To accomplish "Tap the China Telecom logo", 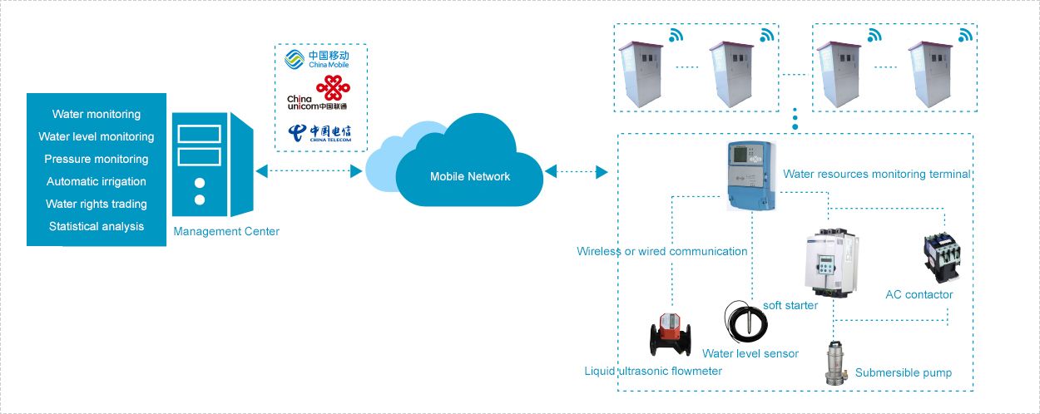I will [x=319, y=133].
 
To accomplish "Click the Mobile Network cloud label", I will [x=470, y=176].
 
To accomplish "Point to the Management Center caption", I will [x=226, y=231].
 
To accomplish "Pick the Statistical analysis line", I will [x=97, y=226].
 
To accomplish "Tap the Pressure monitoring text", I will [x=97, y=159].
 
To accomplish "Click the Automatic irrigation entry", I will [x=97, y=181].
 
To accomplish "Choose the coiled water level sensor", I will [x=745, y=320].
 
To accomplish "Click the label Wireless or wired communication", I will [x=662, y=251].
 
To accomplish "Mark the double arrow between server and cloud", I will [x=309, y=171].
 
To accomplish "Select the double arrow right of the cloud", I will [x=576, y=171].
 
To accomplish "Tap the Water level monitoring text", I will [x=97, y=136].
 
